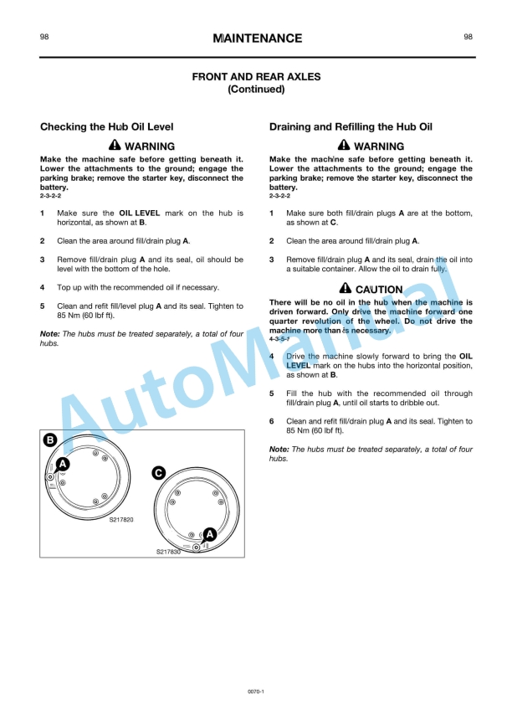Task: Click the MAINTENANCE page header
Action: tap(257, 39)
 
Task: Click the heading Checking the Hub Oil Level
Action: tap(107, 127)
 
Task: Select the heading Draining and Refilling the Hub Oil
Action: tap(351, 127)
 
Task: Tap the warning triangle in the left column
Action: tap(115, 146)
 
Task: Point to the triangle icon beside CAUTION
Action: tap(345, 289)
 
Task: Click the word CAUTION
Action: tap(379, 290)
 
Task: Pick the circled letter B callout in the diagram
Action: tap(50, 440)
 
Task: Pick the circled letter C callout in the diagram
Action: tap(158, 473)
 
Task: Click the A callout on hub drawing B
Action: tap(63, 464)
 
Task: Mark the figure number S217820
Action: tap(121, 520)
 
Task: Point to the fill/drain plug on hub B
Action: tap(50, 477)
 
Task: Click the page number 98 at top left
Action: tap(44, 37)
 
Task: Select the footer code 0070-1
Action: tap(256, 692)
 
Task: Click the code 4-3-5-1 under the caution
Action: tap(279, 339)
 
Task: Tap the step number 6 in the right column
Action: tap(272, 422)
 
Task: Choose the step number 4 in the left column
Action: tap(43, 287)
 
